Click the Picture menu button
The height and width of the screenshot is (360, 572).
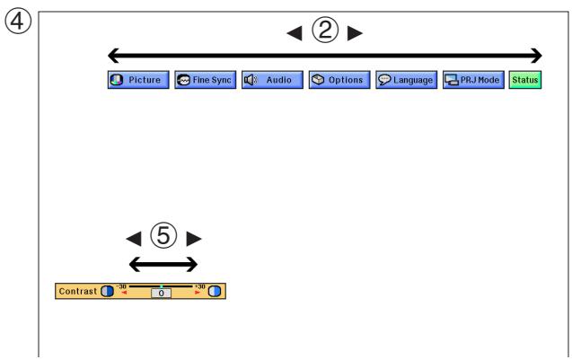138,80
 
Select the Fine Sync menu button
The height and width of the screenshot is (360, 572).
205,80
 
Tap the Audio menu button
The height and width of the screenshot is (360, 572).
272,80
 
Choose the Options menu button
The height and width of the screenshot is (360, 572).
339,80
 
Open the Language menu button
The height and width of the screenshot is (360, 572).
407,80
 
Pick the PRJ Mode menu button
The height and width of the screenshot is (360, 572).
473,80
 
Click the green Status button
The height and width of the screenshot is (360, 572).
525,80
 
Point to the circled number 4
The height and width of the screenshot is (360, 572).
18,22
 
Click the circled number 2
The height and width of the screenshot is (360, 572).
325,30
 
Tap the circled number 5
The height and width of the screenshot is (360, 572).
163,235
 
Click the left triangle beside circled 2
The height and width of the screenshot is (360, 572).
295,33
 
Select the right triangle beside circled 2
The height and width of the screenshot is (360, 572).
355,33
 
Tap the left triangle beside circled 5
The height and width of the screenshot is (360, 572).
134,239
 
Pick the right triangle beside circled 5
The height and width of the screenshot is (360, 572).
194,239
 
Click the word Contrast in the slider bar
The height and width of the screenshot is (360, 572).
78,291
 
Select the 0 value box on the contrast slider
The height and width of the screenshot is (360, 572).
161,293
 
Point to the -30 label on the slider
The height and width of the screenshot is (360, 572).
121,286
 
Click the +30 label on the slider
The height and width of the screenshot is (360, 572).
200,286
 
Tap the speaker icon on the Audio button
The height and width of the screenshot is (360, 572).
251,80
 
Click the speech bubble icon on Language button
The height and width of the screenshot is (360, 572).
384,80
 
